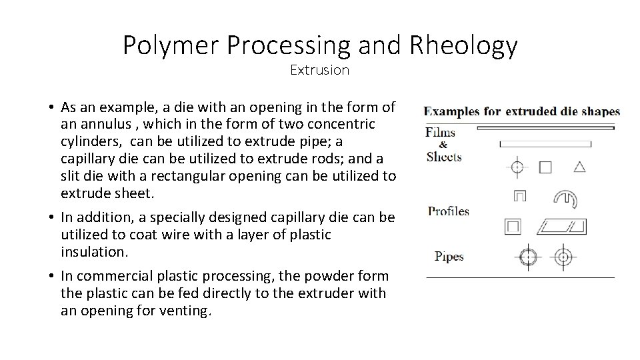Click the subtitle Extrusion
click(x=319, y=70)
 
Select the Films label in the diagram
click(x=440, y=132)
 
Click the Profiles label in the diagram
click(x=448, y=212)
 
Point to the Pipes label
click(x=449, y=256)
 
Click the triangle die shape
click(x=579, y=166)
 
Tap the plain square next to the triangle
click(x=545, y=167)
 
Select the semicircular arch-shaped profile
click(x=565, y=198)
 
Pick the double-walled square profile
click(x=513, y=226)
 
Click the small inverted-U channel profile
click(x=519, y=197)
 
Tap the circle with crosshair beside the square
click(x=517, y=167)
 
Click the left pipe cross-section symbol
click(x=527, y=257)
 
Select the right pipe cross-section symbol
click(x=563, y=256)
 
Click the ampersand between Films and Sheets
click(x=443, y=145)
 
